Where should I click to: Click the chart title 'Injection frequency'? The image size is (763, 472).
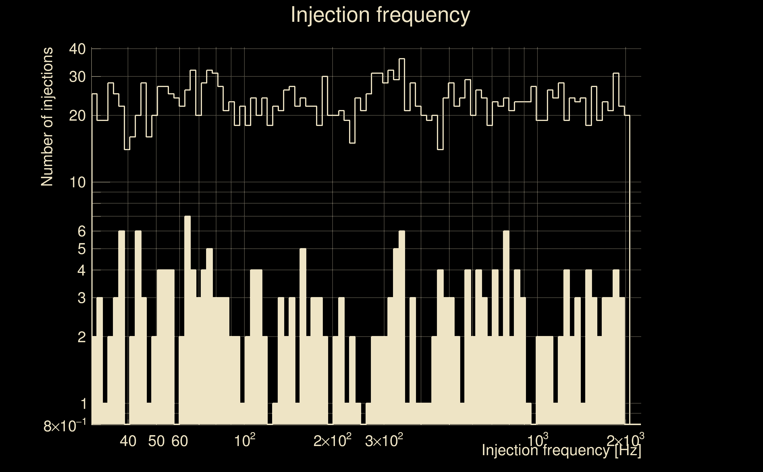380,15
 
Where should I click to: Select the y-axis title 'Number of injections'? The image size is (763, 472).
47,117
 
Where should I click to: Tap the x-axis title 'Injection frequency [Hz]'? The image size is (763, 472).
561,450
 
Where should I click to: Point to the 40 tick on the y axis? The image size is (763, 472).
77,49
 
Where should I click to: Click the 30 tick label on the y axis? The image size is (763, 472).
77,77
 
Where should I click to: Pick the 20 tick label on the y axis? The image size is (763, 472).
77,116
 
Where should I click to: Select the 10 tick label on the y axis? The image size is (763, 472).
77,182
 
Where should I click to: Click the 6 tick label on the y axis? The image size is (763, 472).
81,231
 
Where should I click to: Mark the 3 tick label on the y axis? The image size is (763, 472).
81,298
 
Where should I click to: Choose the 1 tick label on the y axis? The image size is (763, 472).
83,404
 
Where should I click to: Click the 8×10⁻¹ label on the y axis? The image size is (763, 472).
65,425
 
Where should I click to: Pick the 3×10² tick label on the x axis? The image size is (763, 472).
384,441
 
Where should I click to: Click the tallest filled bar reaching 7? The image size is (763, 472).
188,318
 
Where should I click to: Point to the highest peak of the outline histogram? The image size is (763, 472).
402,59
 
